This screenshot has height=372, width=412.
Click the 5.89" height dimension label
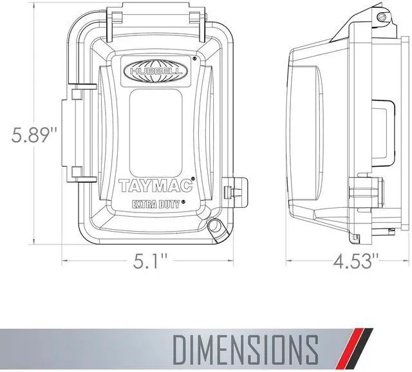(x=34, y=135)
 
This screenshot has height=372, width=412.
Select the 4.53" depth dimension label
(x=356, y=261)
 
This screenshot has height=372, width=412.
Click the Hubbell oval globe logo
(x=156, y=70)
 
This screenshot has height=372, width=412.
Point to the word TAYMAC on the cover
(x=156, y=185)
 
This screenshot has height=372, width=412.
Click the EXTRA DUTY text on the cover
(x=156, y=204)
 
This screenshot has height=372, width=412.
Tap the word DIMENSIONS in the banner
(x=245, y=349)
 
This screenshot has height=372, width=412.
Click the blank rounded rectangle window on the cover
(x=156, y=133)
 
